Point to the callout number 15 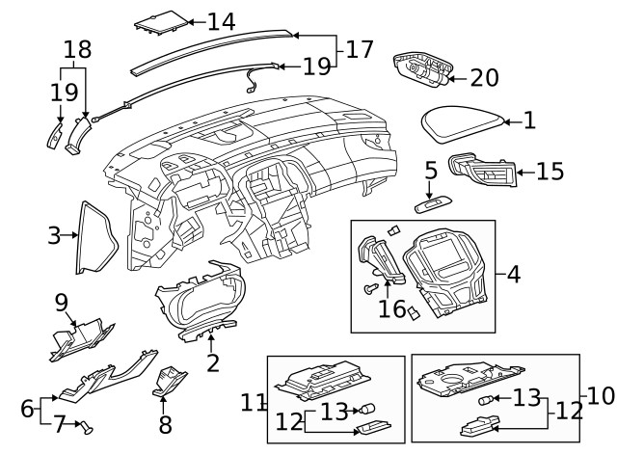[x=550, y=172]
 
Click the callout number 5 [x=430, y=171]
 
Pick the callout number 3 [x=54, y=234]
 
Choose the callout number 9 [x=61, y=303]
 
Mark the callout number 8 [x=165, y=423]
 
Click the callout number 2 [x=212, y=363]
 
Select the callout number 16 [x=391, y=308]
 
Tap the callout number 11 [x=254, y=401]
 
